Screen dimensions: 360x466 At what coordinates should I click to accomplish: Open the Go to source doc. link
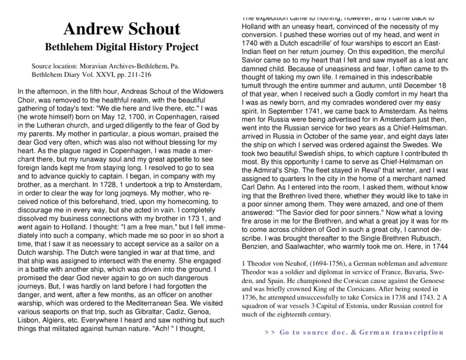point(355,332)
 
